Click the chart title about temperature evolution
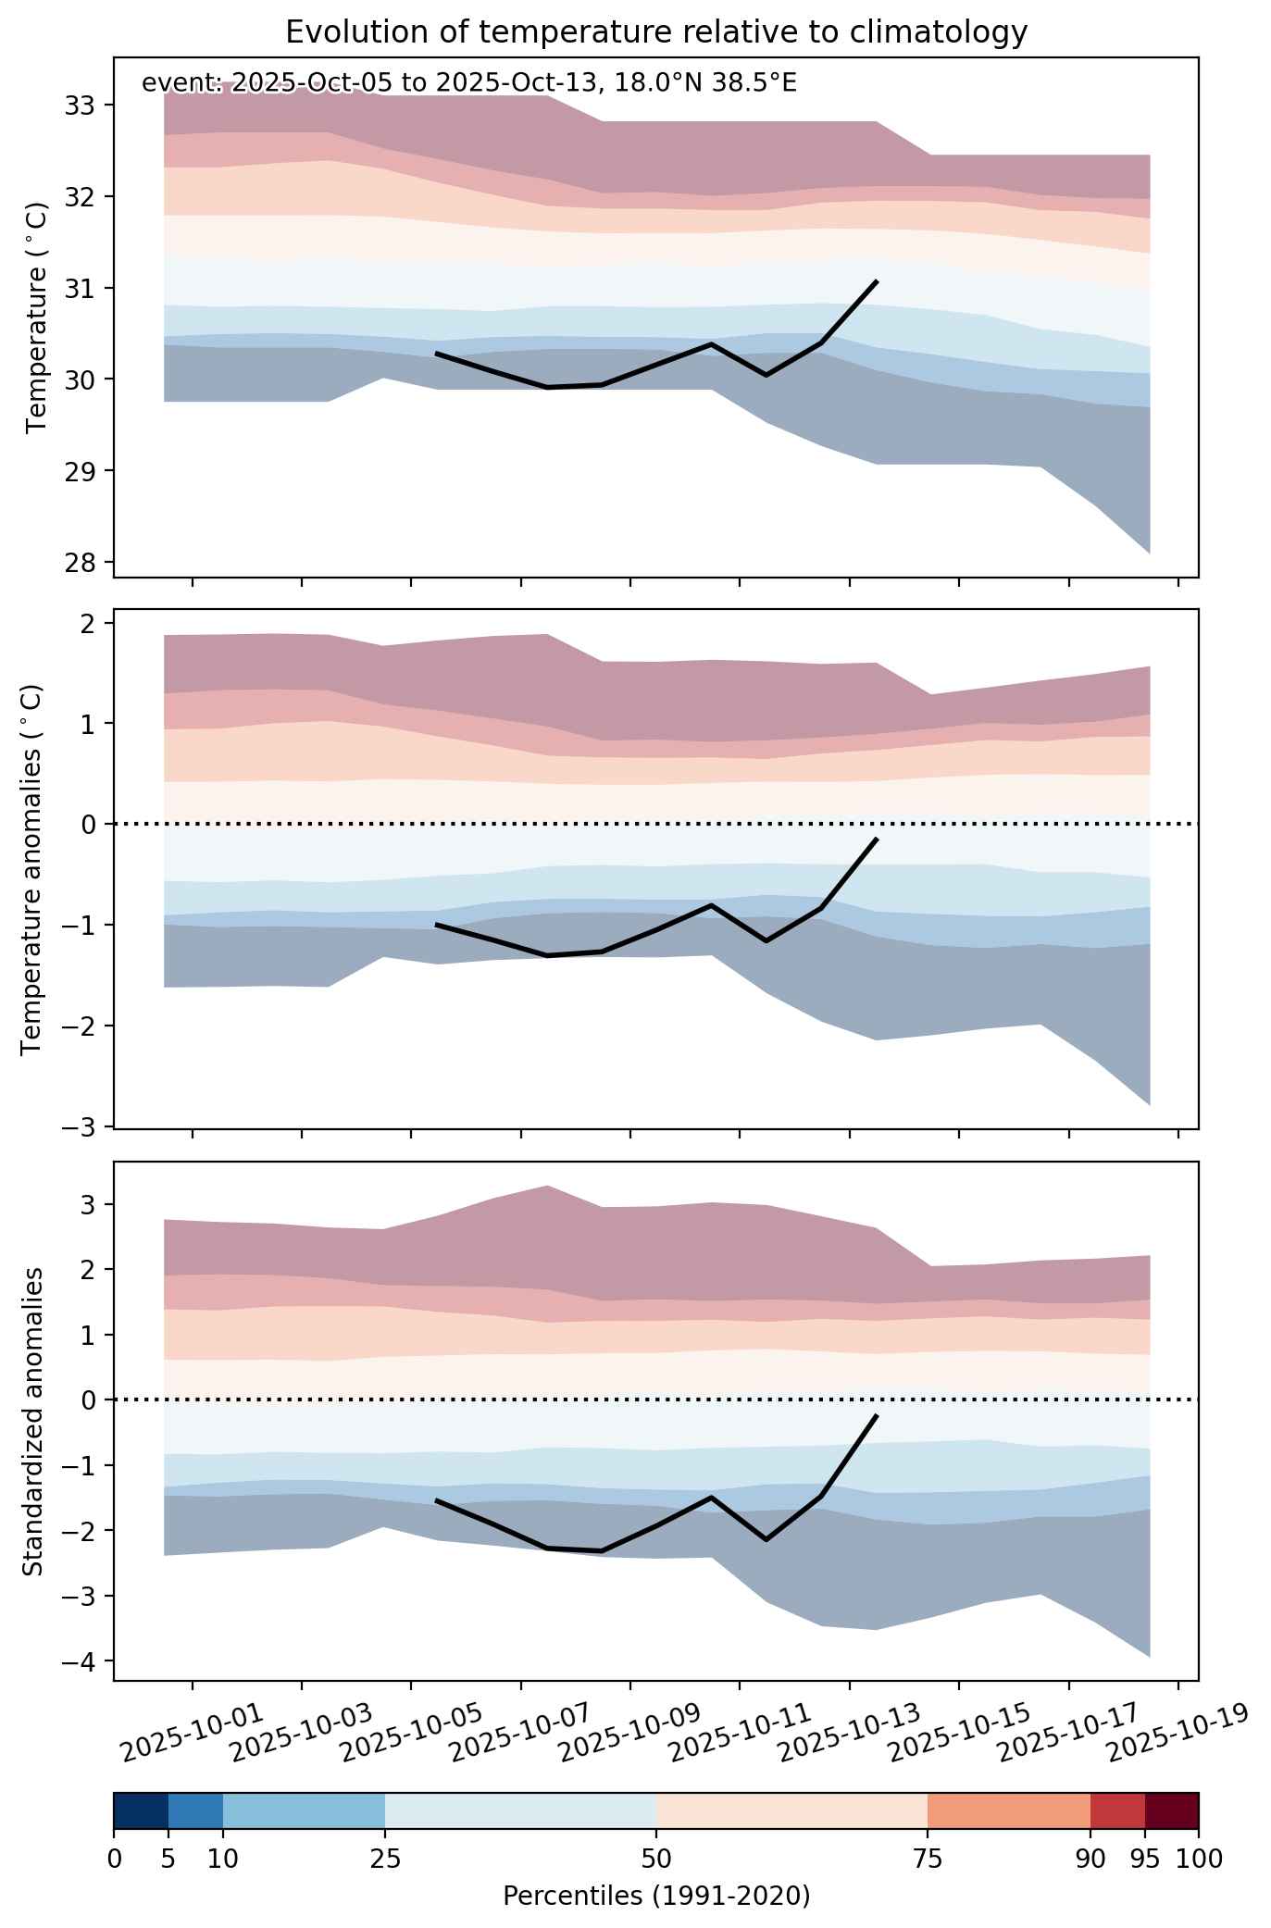click(x=656, y=32)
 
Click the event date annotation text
click(x=469, y=83)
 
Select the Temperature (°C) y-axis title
click(x=37, y=317)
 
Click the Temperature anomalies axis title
click(x=32, y=869)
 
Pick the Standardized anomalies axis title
click(x=32, y=1421)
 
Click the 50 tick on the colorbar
click(x=656, y=1859)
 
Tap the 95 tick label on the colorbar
click(x=1145, y=1859)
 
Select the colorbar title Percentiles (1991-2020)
click(x=656, y=1897)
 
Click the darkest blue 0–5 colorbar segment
click(x=141, y=1812)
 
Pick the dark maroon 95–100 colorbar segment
click(x=1172, y=1812)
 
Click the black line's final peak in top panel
click(x=876, y=280)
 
